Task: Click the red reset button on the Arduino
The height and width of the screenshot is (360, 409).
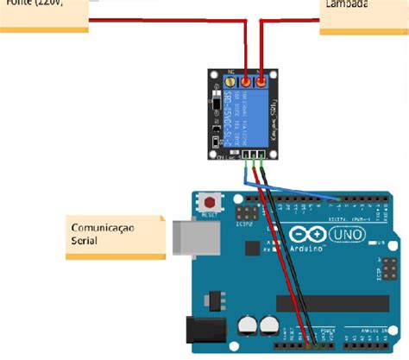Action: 209,200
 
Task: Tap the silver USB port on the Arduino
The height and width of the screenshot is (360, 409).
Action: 194,239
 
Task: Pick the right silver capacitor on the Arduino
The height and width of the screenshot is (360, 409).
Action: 269,326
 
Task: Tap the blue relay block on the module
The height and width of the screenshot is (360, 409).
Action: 250,115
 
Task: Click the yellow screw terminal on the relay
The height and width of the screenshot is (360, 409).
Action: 230,82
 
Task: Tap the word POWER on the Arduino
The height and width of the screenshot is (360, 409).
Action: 329,330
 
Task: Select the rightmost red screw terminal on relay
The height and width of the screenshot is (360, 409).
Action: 261,82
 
